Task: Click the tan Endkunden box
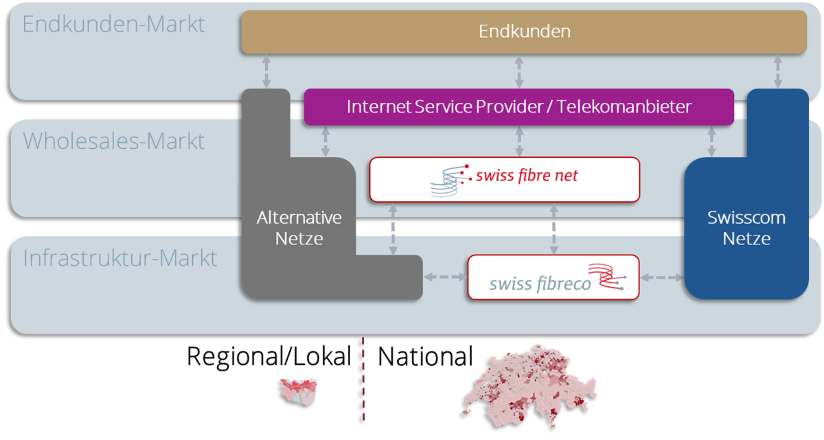click(524, 32)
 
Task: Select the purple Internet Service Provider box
click(519, 107)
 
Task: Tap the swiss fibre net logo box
click(505, 180)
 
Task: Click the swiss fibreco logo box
click(553, 277)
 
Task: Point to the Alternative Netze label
click(299, 228)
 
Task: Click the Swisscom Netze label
click(746, 228)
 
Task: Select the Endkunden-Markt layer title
click(113, 24)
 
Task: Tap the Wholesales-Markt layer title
click(113, 141)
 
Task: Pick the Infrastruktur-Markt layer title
click(120, 257)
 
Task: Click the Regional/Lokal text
click(269, 356)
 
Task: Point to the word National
click(425, 356)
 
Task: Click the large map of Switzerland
click(529, 386)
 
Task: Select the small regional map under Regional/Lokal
click(298, 392)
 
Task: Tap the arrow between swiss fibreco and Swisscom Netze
click(662, 277)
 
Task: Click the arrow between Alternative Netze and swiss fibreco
click(445, 277)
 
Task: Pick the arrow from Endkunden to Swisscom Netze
click(777, 71)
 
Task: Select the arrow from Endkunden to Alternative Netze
click(266, 71)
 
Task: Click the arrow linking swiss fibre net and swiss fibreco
click(553, 229)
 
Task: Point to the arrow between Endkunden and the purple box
click(519, 71)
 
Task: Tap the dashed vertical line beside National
click(363, 379)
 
